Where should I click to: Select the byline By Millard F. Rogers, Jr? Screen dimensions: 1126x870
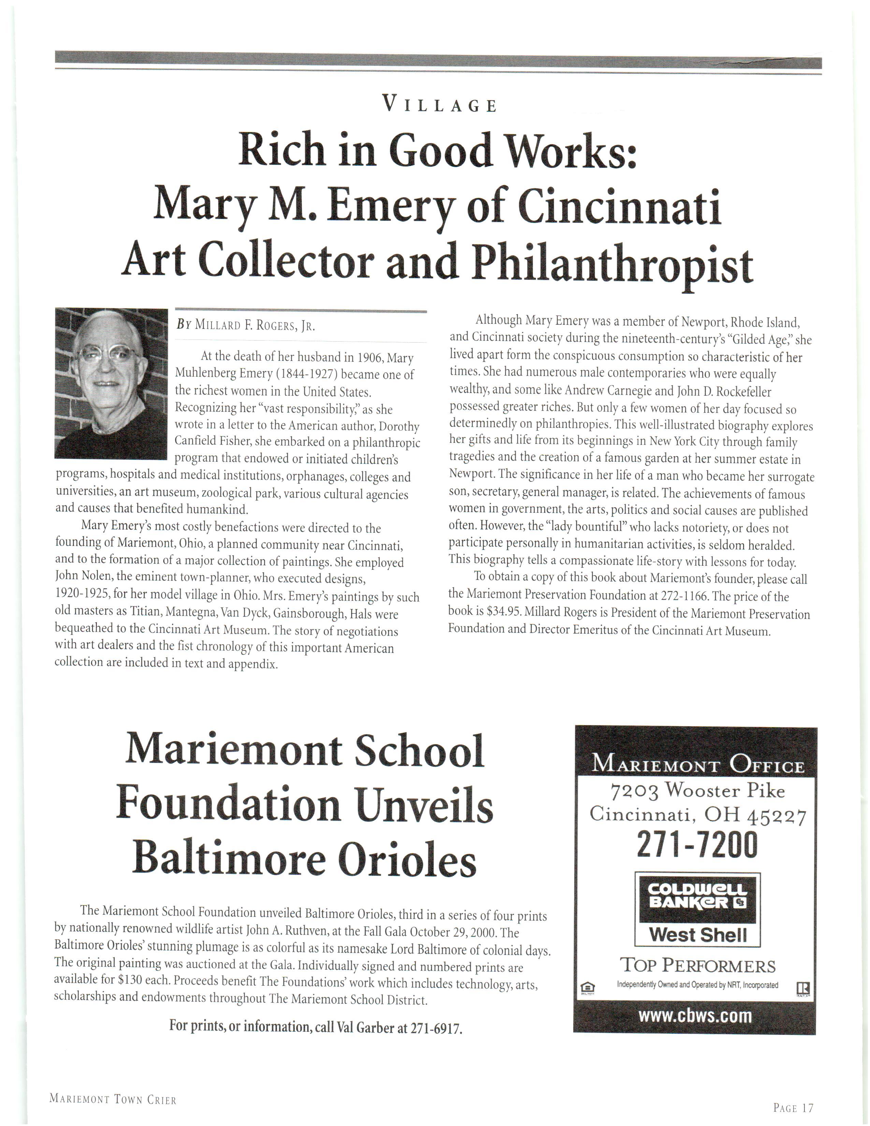pos(245,326)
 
